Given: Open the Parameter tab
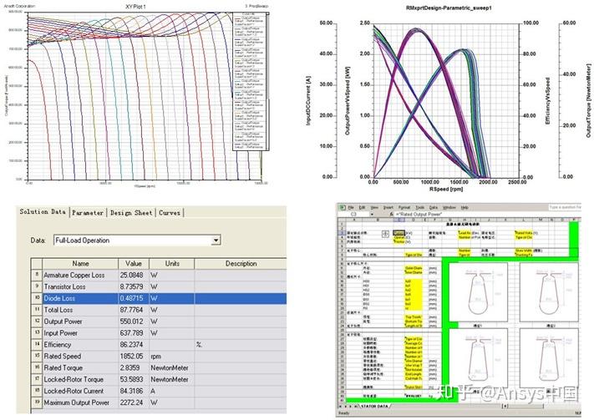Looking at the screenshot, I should (x=89, y=213).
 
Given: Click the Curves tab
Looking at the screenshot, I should (x=170, y=213).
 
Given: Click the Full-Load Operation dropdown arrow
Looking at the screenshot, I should (x=216, y=240).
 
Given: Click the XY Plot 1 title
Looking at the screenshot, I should (x=136, y=5).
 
